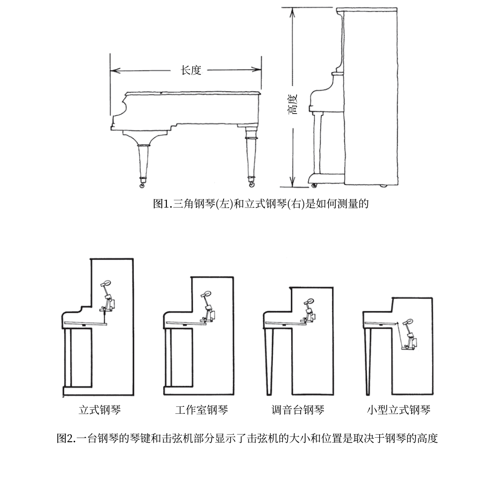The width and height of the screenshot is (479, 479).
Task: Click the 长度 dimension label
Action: click(191, 70)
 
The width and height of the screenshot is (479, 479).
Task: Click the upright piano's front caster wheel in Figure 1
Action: click(314, 185)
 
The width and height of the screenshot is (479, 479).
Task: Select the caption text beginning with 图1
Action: click(261, 204)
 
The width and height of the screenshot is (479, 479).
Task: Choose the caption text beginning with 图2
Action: click(247, 439)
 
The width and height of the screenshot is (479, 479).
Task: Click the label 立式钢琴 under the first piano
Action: click(99, 410)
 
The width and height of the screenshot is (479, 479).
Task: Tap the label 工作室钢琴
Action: click(201, 410)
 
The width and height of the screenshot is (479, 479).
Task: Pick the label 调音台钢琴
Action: click(298, 410)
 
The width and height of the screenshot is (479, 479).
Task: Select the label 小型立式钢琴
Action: click(398, 410)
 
